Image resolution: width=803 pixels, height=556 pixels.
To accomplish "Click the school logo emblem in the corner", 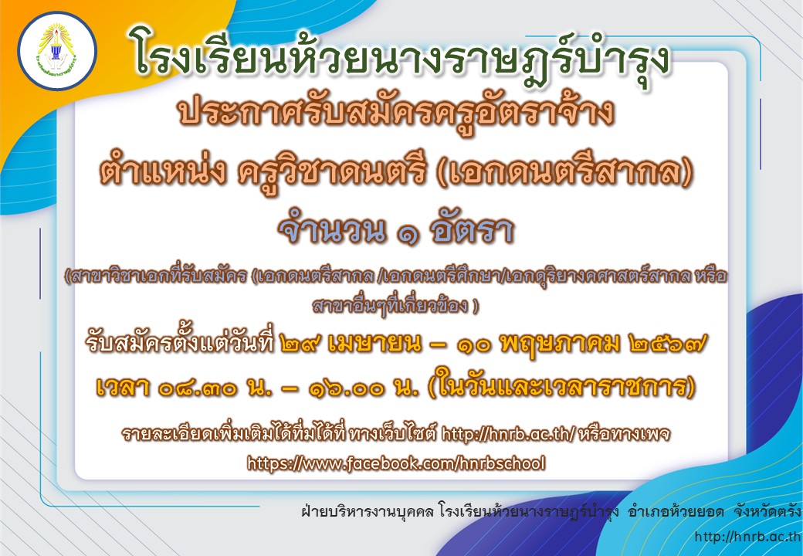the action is (x=57, y=51).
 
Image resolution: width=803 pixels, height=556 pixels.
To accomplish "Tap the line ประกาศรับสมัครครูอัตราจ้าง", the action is (x=396, y=114).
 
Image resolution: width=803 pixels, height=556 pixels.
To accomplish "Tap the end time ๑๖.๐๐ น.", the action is (x=364, y=388).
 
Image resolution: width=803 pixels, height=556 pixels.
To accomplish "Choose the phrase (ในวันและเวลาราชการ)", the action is (x=561, y=387).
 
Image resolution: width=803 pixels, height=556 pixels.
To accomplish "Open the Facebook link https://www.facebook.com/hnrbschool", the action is (x=396, y=463).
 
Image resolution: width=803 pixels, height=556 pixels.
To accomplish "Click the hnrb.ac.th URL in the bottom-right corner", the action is (x=747, y=536).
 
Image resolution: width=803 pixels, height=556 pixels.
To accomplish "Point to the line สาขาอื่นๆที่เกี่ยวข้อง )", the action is (x=395, y=306).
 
